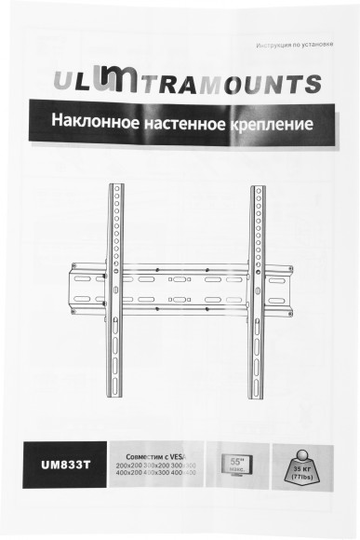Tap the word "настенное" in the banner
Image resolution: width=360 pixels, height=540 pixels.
tap(176, 122)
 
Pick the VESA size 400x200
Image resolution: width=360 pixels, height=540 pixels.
tap(128, 473)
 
